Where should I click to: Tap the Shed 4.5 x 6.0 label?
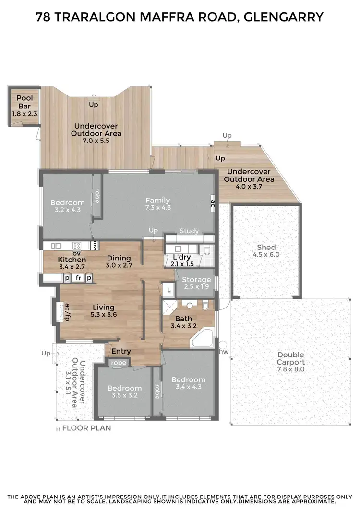tap(266, 251)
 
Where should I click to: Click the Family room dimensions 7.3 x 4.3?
tap(158, 208)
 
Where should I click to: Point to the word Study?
tap(189, 231)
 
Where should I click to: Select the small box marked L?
tap(168, 290)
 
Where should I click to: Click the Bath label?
tap(183, 319)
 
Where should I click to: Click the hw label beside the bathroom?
tap(223, 352)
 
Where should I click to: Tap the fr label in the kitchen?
tap(77, 278)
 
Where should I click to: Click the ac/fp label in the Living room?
tap(68, 312)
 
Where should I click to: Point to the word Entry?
tap(121, 352)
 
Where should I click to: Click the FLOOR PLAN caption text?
tap(86, 428)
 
